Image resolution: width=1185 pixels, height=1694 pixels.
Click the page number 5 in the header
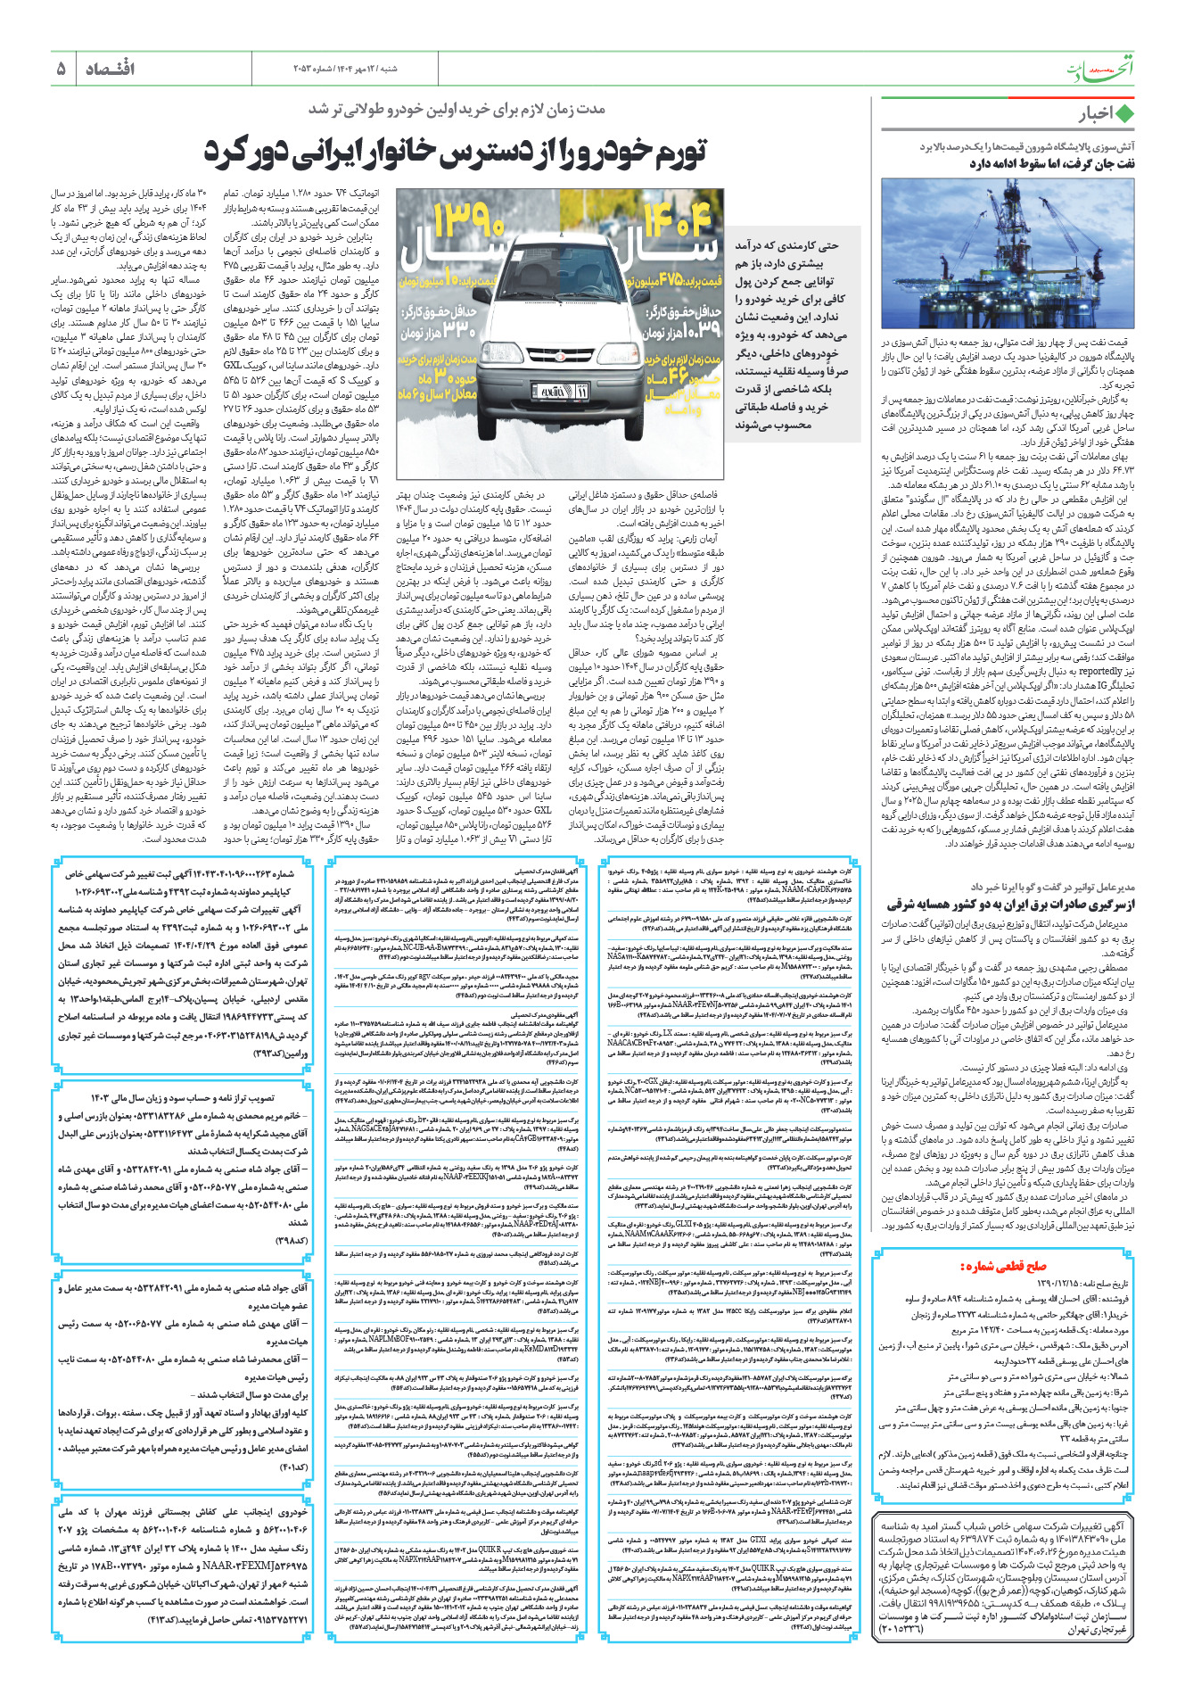coord(61,69)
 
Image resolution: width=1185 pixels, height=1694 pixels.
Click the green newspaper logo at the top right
coord(1100,68)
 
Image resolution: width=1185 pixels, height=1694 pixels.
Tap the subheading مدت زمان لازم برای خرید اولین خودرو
coord(457,109)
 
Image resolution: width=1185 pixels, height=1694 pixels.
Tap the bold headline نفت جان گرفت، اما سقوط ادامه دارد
coord(1051,163)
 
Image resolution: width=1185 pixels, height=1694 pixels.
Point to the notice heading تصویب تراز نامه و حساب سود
coord(183,1098)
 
